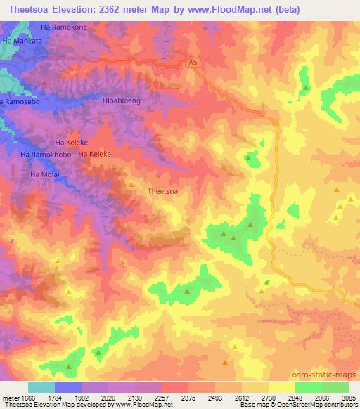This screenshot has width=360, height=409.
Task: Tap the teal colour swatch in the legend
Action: pos(41,387)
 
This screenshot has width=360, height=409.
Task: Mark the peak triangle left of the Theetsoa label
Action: pos(131,184)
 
